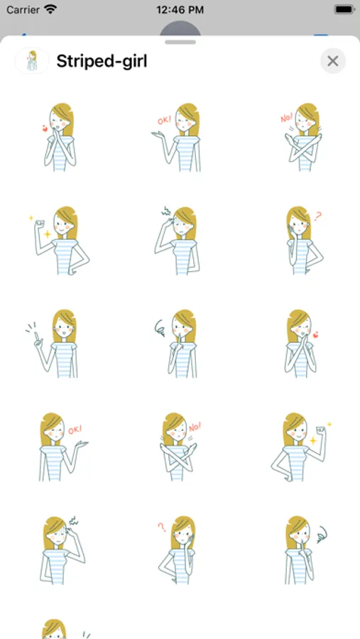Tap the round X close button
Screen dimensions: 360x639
333,61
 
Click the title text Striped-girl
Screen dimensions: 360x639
102,61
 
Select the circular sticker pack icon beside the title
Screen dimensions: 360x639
32,61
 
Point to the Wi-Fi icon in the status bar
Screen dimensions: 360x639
50,9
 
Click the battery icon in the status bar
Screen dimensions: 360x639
344,9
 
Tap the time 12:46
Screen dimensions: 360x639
180,9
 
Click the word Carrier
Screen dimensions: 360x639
23,9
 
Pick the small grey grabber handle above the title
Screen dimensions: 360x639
180,42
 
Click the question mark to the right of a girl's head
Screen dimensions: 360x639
317,216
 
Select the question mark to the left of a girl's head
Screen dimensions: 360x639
162,527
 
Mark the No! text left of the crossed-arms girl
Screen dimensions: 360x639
287,118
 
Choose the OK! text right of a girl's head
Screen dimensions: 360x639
75,430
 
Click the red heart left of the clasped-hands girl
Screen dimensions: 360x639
45,129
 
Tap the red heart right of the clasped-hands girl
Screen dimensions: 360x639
315,335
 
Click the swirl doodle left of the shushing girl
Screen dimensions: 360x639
160,328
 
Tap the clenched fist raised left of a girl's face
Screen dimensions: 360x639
40,224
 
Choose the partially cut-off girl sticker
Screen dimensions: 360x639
54,629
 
